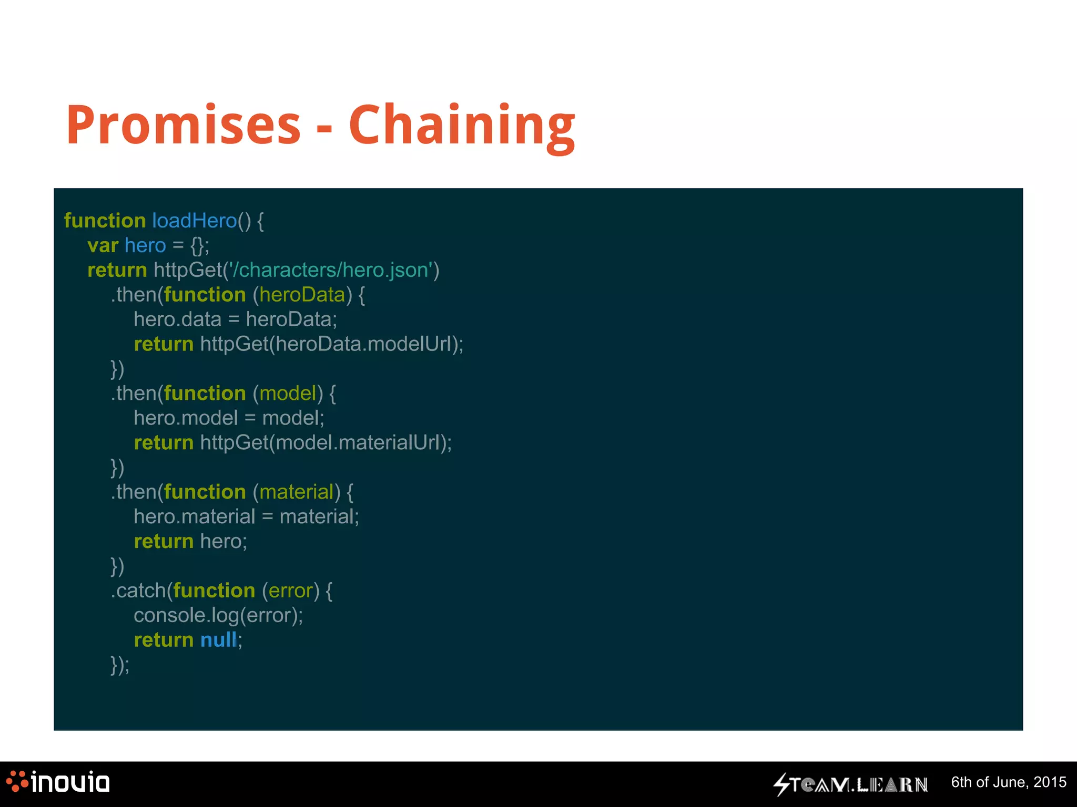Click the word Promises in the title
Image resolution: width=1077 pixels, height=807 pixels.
[x=183, y=125]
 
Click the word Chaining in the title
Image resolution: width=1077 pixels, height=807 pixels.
[x=462, y=126]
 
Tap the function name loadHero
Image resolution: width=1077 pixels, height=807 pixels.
[x=194, y=221]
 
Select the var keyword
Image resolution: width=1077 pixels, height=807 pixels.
[x=103, y=245]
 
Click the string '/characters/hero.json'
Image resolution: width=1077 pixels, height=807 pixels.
[x=331, y=270]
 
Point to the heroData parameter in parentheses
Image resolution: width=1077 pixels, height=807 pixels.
[x=302, y=295]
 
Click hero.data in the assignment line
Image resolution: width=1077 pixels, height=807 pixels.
[x=177, y=319]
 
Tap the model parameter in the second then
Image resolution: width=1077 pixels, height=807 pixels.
[x=287, y=394]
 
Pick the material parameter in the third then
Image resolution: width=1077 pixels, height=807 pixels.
[x=296, y=492]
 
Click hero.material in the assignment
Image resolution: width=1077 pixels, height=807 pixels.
[x=194, y=517]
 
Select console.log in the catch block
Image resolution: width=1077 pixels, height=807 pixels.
[x=186, y=616]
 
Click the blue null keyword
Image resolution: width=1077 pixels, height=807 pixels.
[x=218, y=640]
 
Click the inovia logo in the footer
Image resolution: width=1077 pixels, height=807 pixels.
[x=58, y=782]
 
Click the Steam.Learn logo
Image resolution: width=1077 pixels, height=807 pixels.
[x=850, y=784]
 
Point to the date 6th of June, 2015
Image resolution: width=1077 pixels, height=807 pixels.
[x=1008, y=782]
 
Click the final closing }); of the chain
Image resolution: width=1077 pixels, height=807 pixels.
[x=119, y=665]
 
